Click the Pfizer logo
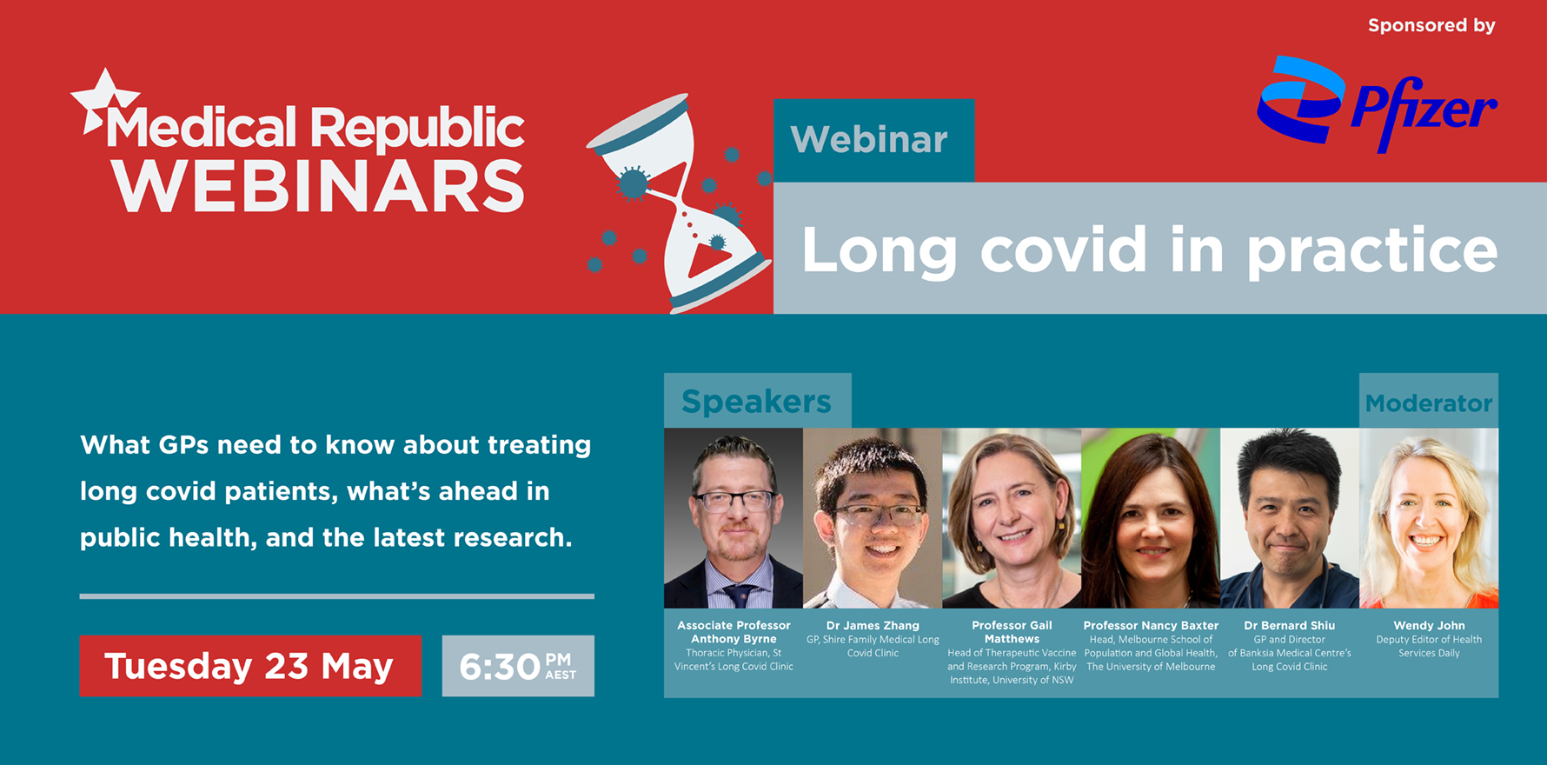[1377, 104]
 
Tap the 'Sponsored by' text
[1431, 25]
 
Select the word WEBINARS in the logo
[318, 185]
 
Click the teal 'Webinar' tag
[873, 140]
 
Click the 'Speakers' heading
[757, 401]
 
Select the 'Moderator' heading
[1428, 402]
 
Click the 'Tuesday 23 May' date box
[250, 666]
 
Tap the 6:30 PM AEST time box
[518, 666]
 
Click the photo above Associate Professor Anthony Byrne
[734, 518]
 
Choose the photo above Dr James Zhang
[873, 518]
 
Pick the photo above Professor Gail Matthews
[1012, 518]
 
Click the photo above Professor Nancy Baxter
[1151, 518]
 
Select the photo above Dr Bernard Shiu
[1290, 518]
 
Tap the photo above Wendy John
[1429, 518]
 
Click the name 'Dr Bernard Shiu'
[1289, 625]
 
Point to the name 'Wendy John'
[1429, 625]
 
